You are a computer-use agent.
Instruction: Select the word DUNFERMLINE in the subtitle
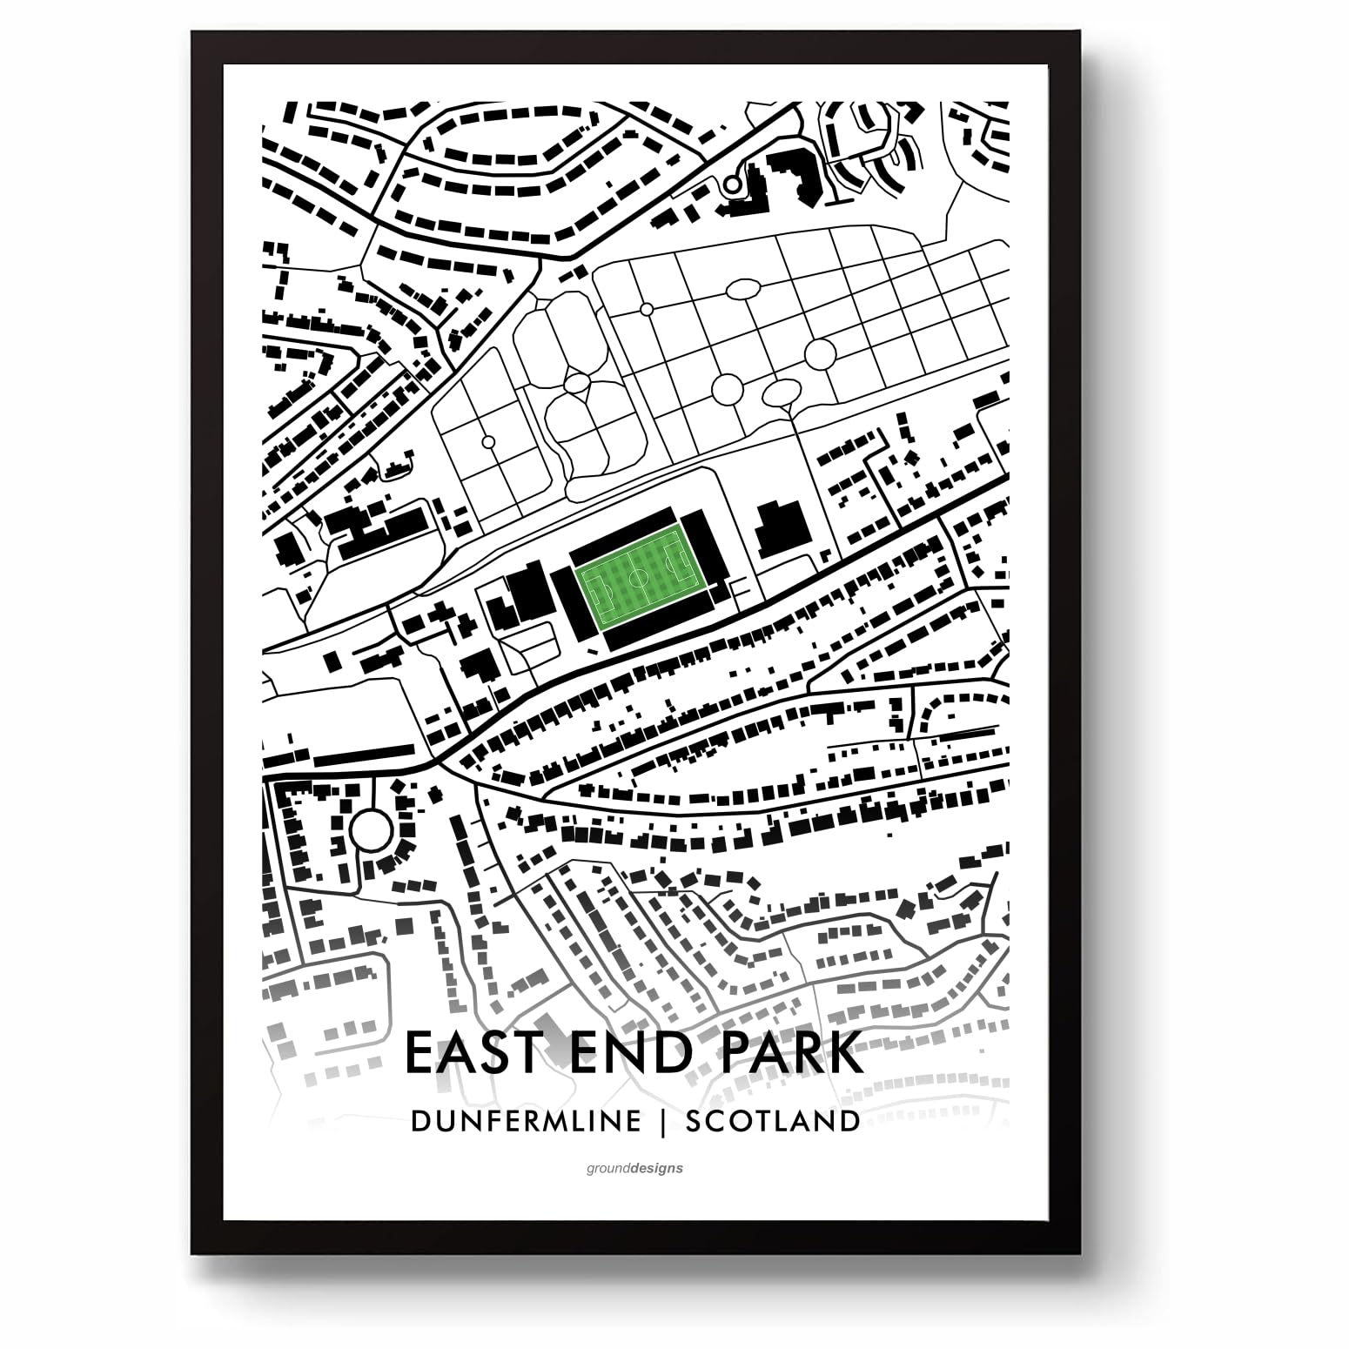[526, 1120]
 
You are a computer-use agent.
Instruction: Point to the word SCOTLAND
[773, 1120]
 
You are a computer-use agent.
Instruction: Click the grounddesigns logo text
[634, 1168]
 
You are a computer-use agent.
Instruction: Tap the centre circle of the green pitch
[638, 579]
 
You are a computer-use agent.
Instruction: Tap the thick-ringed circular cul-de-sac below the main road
[371, 830]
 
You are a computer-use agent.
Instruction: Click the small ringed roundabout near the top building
[732, 185]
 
